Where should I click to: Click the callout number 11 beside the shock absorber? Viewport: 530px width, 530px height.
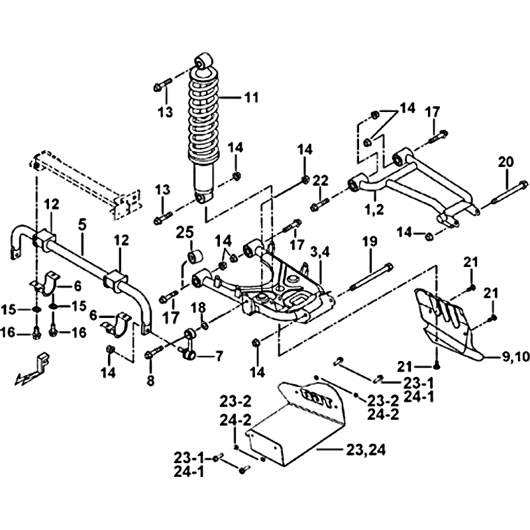pyautogui.click(x=251, y=97)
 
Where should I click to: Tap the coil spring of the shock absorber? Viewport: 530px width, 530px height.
pyautogui.click(x=204, y=114)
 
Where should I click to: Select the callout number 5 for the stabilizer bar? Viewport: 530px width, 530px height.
pyautogui.click(x=82, y=225)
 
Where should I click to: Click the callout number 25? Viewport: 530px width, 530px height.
pyautogui.click(x=185, y=233)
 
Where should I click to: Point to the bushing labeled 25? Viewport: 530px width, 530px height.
pyautogui.click(x=194, y=256)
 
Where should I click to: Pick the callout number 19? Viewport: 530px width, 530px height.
pyautogui.click(x=370, y=241)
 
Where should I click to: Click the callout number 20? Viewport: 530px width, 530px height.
pyautogui.click(x=506, y=162)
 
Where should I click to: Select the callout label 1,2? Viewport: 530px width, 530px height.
pyautogui.click(x=374, y=209)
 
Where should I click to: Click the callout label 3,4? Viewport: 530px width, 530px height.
pyautogui.click(x=319, y=252)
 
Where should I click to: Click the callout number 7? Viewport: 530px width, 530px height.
pyautogui.click(x=219, y=356)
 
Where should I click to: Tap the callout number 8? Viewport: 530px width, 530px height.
pyautogui.click(x=150, y=380)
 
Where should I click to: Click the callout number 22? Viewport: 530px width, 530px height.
pyautogui.click(x=320, y=181)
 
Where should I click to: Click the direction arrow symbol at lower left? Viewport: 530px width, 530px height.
pyautogui.click(x=30, y=369)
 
